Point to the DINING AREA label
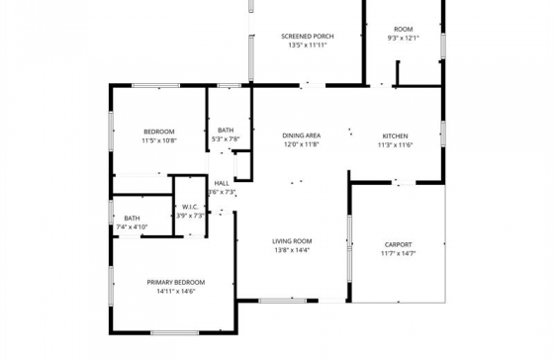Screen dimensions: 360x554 coord(301,135)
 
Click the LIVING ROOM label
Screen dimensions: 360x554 coord(293,241)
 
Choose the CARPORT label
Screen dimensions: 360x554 coord(399,244)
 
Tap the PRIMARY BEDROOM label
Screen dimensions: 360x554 coord(176,282)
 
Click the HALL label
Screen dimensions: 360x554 coord(222,183)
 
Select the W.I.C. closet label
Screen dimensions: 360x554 coord(191,207)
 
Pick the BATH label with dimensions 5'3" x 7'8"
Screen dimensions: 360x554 coord(226,131)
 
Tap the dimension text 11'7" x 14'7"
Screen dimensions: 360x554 coord(399,253)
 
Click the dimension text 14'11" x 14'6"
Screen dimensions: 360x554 coord(176,291)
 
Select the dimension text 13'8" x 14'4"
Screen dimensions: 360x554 coord(293,250)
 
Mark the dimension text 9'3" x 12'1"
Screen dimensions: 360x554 coord(404,39)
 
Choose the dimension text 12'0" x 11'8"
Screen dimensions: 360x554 coord(301,144)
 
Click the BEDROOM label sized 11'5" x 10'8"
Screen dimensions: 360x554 coord(158,132)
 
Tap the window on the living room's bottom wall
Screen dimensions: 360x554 coord(288,300)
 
